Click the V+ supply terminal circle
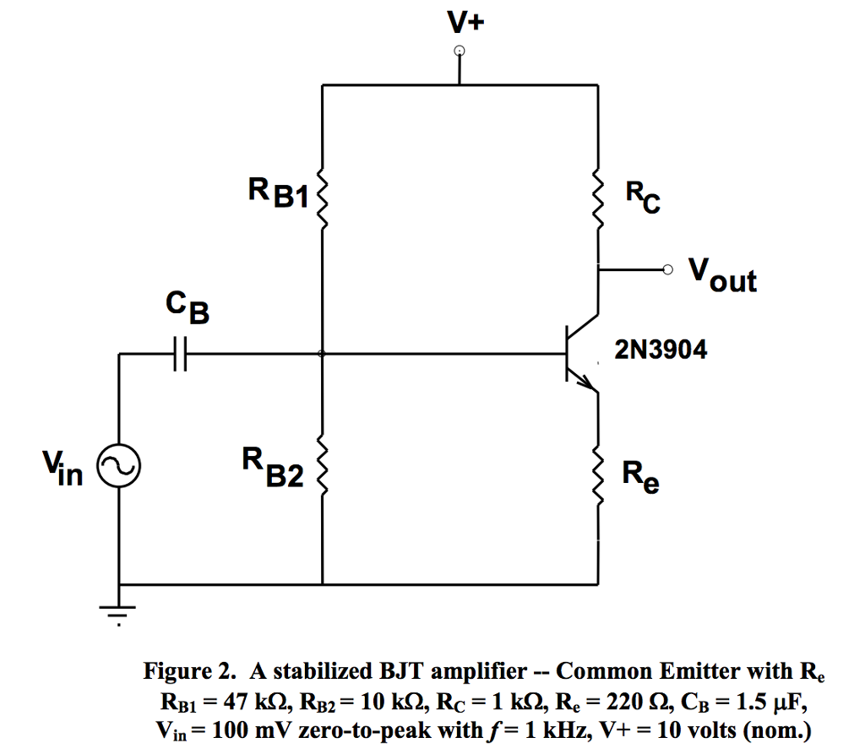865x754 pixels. (459, 52)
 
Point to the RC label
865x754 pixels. (643, 199)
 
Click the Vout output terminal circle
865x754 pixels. (669, 270)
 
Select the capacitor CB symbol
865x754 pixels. (178, 354)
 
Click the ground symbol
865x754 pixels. (118, 609)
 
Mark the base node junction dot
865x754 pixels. (322, 354)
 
